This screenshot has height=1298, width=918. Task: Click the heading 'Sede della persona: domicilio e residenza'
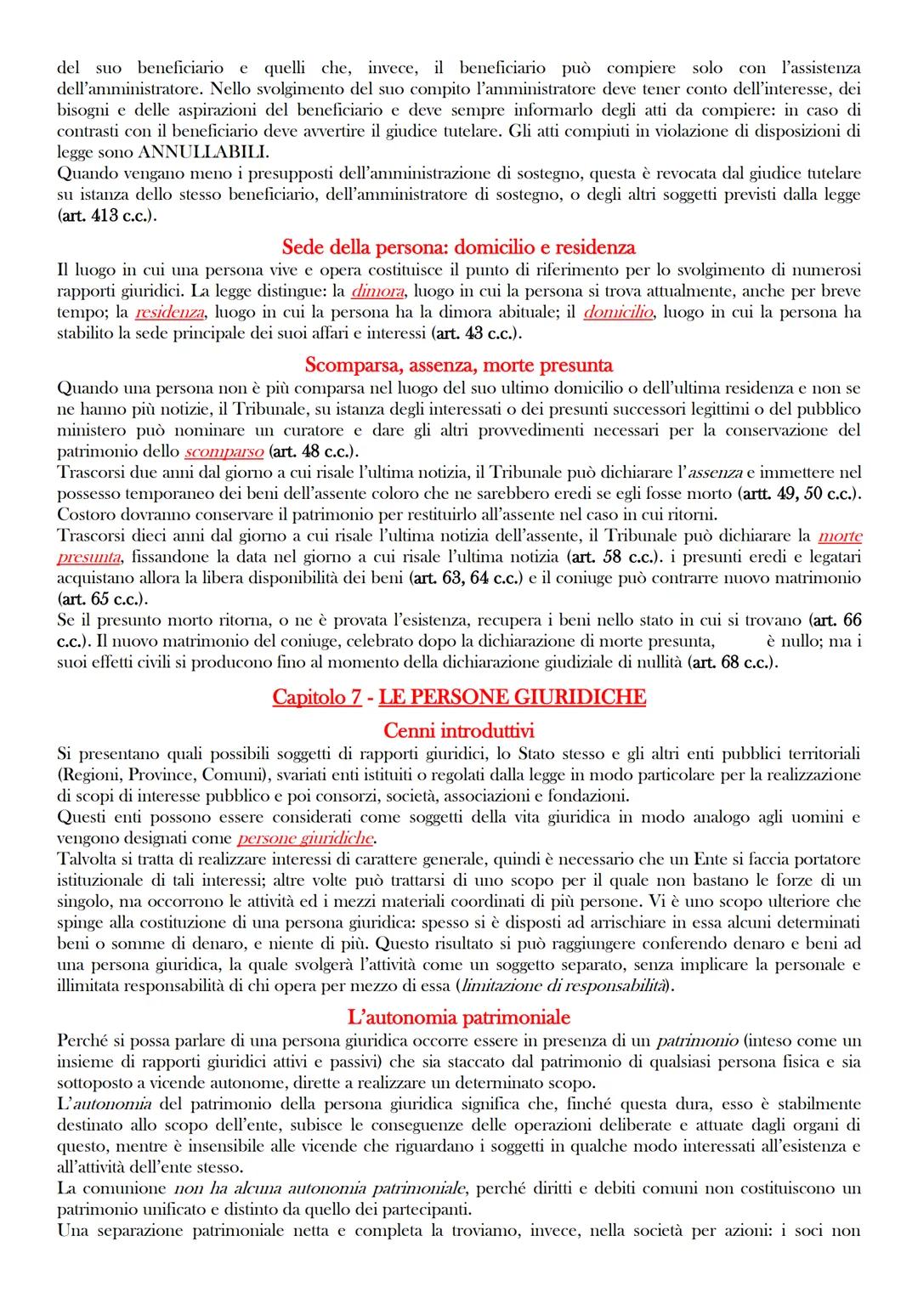[x=458, y=247]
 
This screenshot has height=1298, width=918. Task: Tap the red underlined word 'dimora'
[x=377, y=291]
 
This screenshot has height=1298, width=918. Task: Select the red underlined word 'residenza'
[x=169, y=312]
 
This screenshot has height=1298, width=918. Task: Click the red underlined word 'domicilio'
[x=618, y=312]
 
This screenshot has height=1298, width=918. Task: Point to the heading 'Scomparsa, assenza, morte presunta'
[x=458, y=366]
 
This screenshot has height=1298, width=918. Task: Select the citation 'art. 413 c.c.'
[x=105, y=216]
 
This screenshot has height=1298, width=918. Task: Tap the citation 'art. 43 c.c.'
[x=475, y=333]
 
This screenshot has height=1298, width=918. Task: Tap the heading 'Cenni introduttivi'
[x=458, y=730]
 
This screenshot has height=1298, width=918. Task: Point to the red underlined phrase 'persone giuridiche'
[x=305, y=838]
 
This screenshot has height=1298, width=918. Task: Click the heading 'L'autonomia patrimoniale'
[x=458, y=1017]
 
